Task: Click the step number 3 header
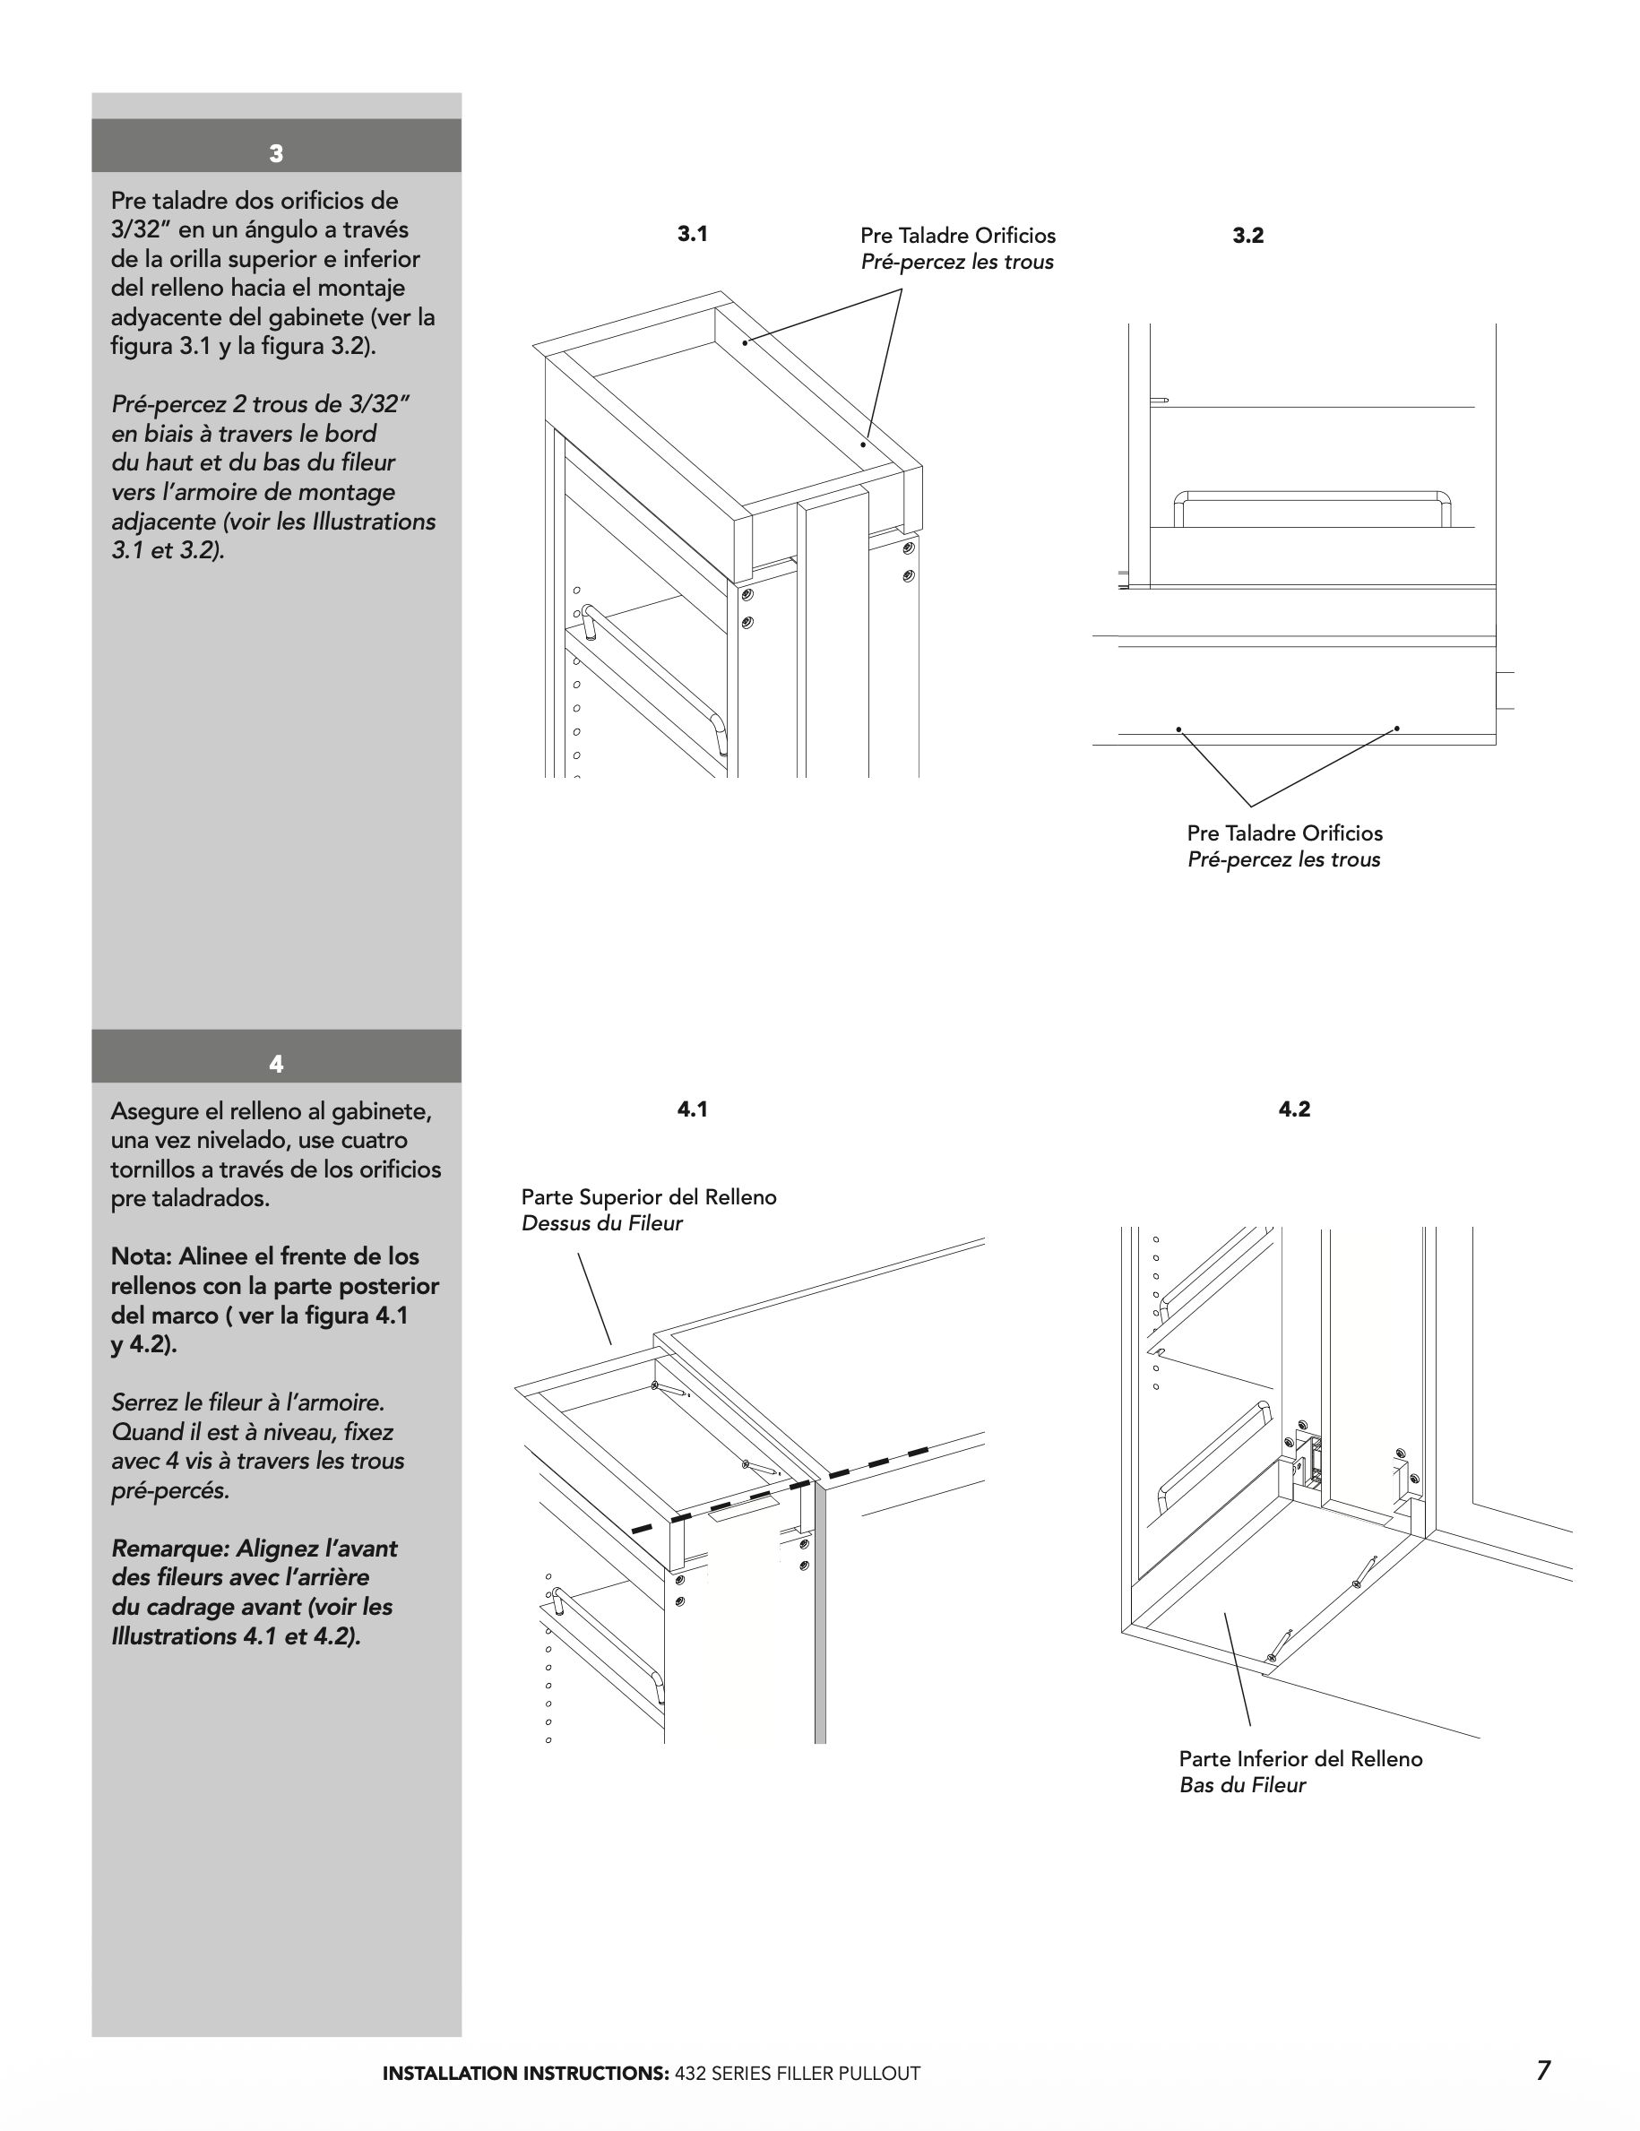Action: tap(276, 153)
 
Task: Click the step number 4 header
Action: tap(276, 1064)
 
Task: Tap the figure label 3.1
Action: tap(692, 234)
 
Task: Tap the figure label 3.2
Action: tap(1247, 235)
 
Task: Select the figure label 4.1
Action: tap(692, 1109)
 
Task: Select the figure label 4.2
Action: tap(1294, 1109)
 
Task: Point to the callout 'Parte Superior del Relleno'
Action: tap(649, 1197)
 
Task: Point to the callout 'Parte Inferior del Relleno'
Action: tap(1300, 1759)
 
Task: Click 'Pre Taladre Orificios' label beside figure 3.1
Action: tap(957, 236)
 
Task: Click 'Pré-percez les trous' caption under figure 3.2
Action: tap(1283, 859)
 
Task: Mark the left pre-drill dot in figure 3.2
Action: tap(1178, 729)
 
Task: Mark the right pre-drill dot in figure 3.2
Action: tap(1396, 728)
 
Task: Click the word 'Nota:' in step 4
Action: tap(141, 1256)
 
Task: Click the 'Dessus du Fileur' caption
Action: tap(602, 1223)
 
